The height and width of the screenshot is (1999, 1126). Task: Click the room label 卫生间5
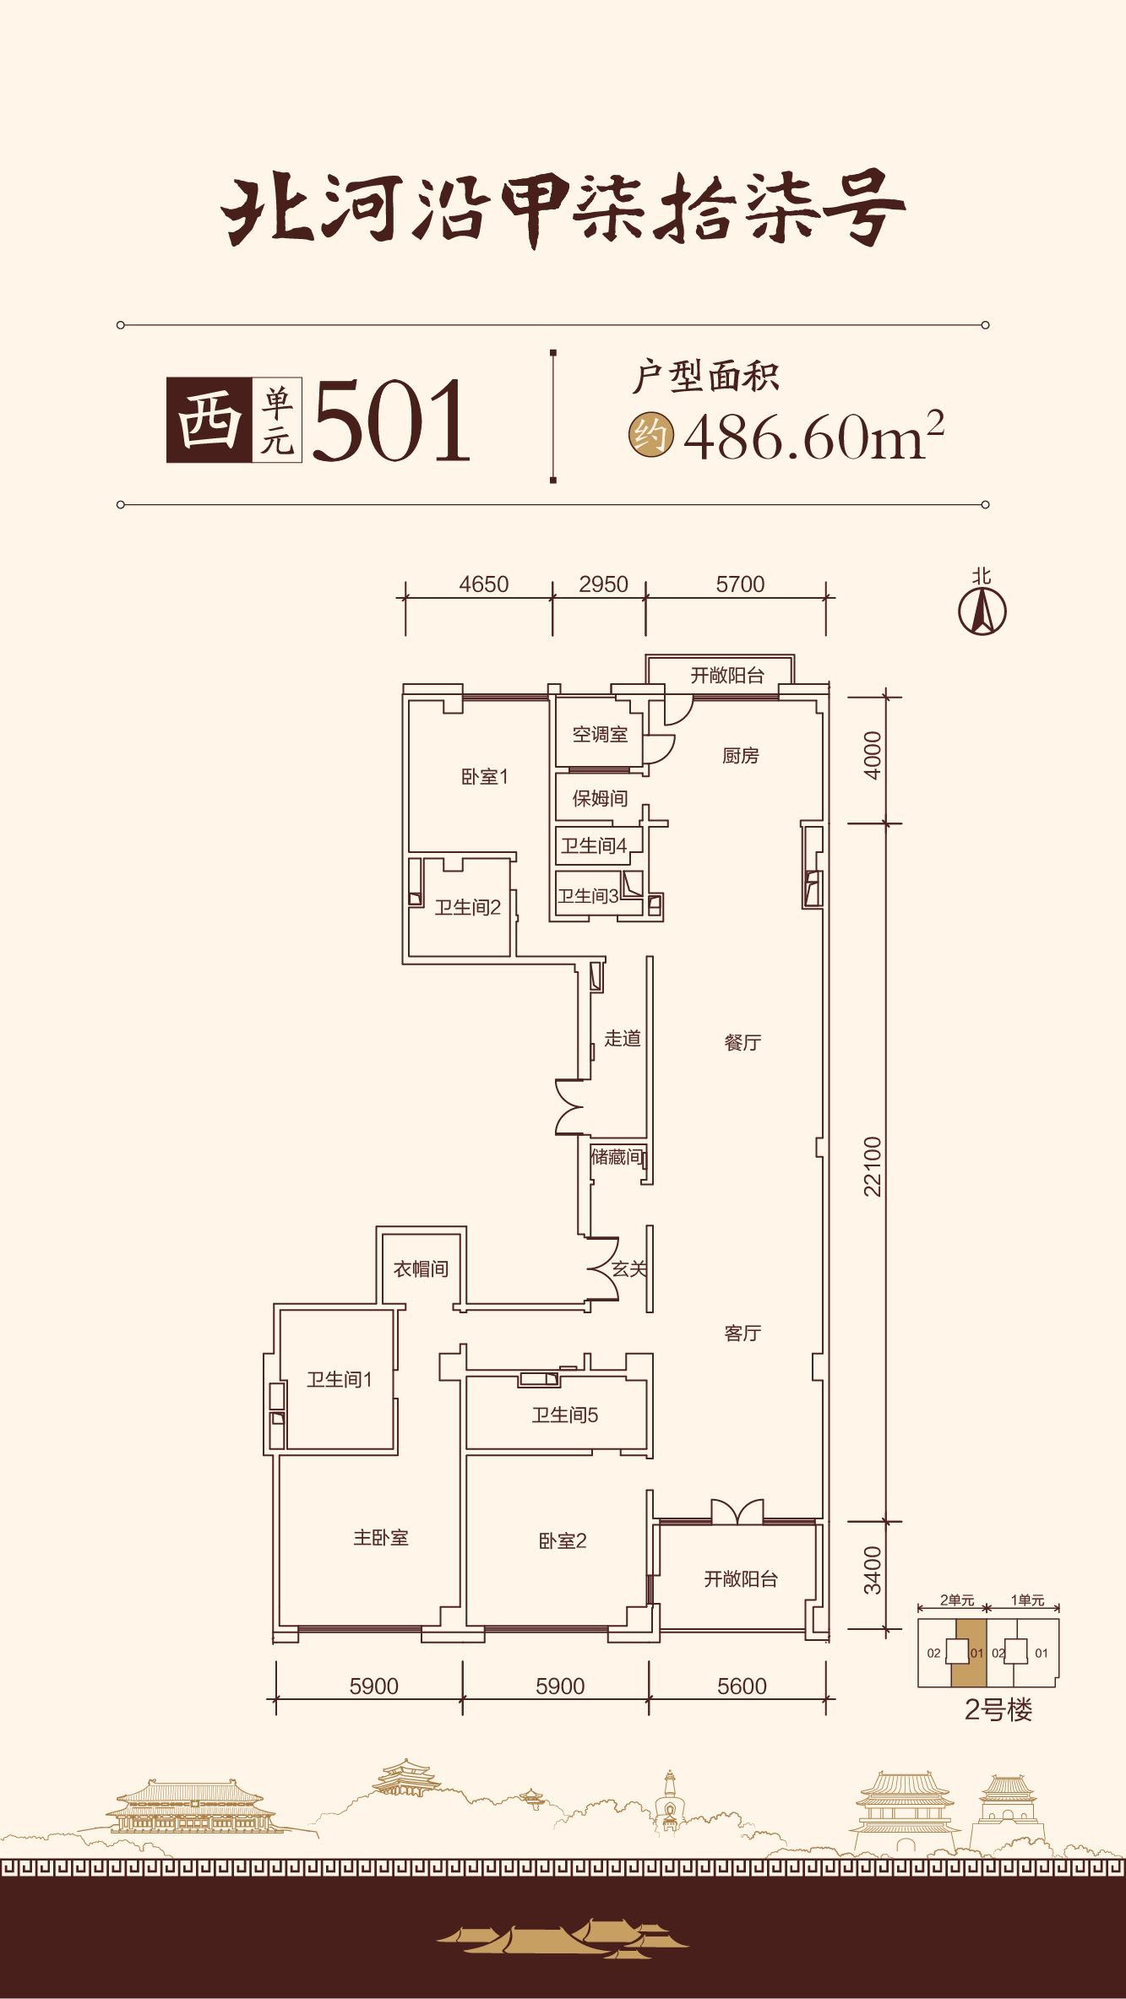[564, 1415]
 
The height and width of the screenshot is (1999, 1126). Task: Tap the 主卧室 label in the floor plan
[380, 1538]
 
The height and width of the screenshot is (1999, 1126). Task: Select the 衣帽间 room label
[421, 1268]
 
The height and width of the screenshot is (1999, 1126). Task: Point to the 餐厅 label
[743, 1042]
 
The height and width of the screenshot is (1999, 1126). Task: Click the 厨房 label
[740, 755]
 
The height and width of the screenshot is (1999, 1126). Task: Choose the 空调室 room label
[600, 734]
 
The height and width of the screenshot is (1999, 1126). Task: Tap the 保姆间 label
[600, 798]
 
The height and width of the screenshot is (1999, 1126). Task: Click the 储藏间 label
[617, 1157]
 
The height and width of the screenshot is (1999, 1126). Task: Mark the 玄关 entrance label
[629, 1268]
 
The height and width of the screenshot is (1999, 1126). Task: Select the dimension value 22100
[872, 1166]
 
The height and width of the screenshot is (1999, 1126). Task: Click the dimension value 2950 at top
[603, 584]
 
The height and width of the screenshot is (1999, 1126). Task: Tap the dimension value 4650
[484, 584]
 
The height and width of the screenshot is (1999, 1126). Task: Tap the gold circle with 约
[650, 436]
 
